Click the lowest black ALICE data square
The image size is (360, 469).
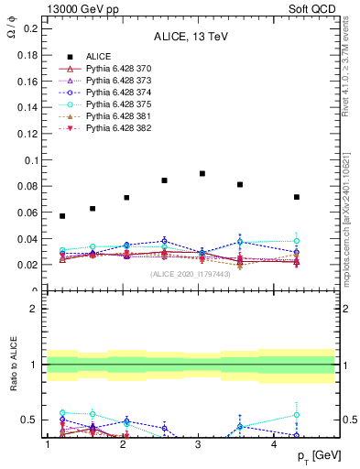[62, 216]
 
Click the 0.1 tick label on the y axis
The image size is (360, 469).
[31, 160]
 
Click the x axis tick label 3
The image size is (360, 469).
[199, 444]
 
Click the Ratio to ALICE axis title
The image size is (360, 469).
[11, 365]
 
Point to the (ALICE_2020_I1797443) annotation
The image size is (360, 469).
[191, 273]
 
